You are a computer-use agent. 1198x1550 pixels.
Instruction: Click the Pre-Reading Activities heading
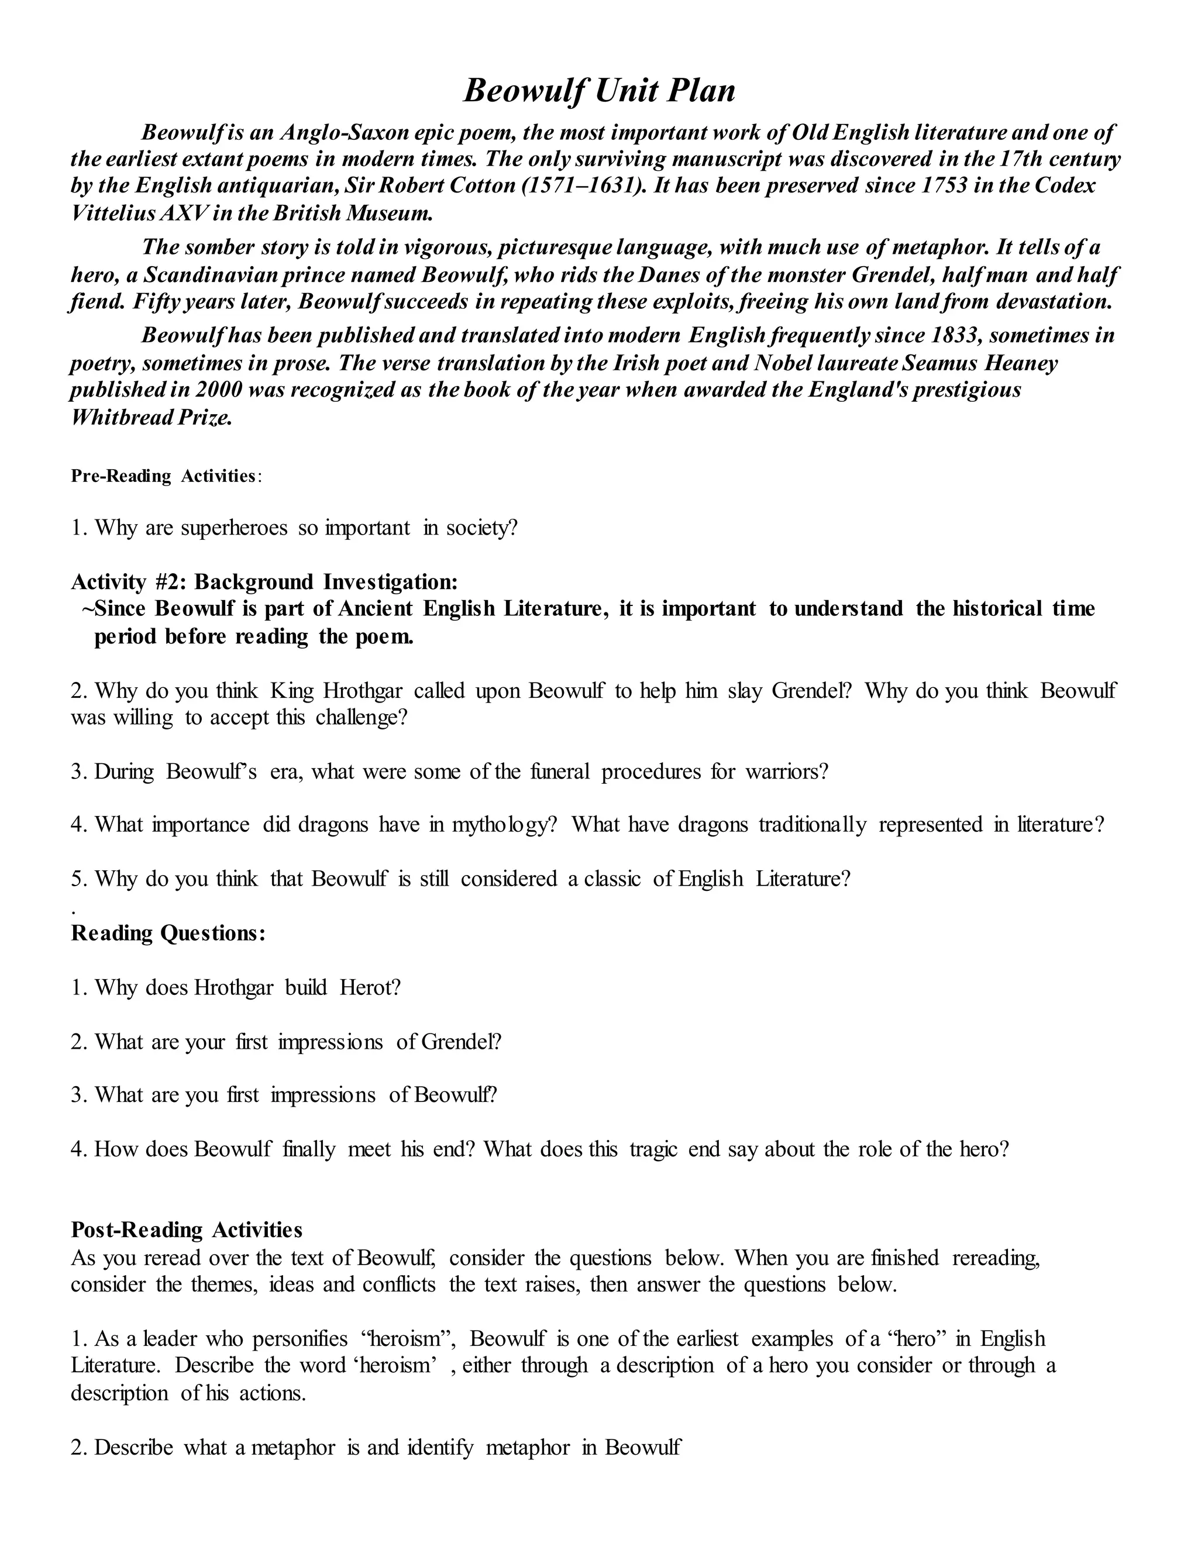(164, 476)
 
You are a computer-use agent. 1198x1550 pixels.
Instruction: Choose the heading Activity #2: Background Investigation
(264, 582)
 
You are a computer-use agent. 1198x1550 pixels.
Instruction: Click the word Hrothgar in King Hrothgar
(363, 691)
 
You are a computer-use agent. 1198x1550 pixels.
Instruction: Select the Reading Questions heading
(168, 934)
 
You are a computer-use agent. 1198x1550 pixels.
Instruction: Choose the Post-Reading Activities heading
(187, 1230)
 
